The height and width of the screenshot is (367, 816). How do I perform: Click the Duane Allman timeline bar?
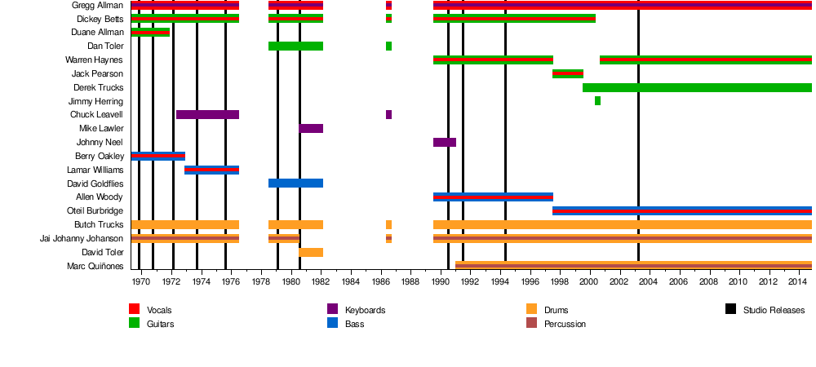pos(150,33)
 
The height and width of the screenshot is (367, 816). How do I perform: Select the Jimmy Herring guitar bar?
pos(597,101)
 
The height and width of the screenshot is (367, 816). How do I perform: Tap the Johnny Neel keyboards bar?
pos(445,143)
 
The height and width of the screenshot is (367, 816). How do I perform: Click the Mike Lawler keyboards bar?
pos(311,129)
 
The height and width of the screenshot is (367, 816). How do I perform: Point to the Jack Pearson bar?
pos(568,73)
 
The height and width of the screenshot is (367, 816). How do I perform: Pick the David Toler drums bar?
pos(311,253)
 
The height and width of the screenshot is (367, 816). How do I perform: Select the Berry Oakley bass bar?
pos(158,156)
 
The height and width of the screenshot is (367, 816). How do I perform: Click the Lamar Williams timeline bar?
pos(211,170)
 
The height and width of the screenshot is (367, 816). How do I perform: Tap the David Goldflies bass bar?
pos(295,183)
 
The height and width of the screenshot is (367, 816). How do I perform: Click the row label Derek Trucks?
pos(98,87)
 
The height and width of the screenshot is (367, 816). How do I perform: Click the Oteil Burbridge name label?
pos(95,211)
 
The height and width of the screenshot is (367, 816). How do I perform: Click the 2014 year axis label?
pos(797,281)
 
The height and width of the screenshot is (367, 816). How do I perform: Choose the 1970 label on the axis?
pos(141,281)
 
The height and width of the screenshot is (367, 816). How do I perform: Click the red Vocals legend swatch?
pos(135,310)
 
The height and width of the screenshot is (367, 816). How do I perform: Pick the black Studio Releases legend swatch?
pos(730,310)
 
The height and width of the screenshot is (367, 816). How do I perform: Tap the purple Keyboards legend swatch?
pos(333,310)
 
